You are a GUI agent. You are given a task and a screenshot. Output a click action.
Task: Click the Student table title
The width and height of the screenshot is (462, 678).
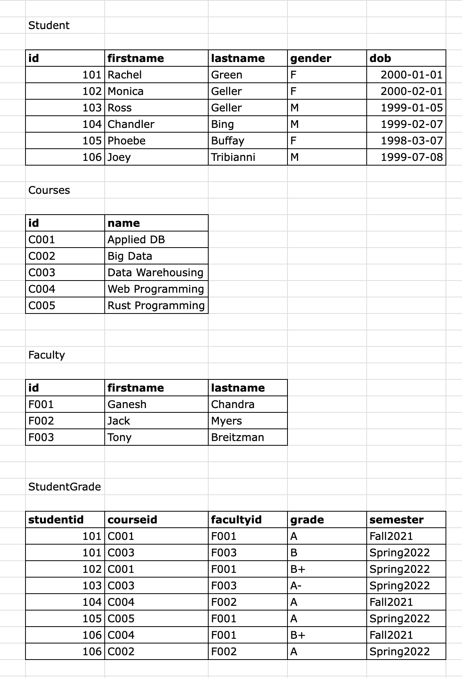click(49, 26)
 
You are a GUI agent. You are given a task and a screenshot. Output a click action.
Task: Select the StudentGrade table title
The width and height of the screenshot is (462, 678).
click(64, 487)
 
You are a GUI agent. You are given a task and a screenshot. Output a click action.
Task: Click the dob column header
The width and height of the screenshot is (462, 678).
click(380, 58)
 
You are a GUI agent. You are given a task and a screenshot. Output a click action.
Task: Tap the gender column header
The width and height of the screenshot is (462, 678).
click(311, 58)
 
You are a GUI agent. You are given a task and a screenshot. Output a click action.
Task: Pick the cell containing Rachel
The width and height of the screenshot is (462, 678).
click(125, 75)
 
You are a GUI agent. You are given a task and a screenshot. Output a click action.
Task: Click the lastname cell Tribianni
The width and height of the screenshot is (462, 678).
click(233, 157)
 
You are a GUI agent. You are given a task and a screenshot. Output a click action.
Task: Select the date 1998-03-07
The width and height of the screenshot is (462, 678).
click(411, 141)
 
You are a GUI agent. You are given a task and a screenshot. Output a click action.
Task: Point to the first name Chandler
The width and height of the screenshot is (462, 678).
click(131, 124)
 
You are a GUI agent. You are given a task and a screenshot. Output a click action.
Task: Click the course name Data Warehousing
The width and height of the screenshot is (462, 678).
click(155, 273)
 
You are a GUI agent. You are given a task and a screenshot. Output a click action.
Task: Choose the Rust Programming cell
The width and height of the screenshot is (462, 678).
click(156, 306)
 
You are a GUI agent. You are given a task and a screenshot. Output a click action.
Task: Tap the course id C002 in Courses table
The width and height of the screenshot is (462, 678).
click(42, 256)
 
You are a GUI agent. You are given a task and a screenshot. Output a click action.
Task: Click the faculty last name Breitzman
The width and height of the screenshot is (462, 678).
click(237, 437)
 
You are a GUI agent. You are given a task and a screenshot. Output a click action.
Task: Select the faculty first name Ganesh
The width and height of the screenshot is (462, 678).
click(127, 405)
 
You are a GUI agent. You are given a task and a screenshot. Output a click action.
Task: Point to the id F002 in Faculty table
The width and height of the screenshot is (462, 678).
click(41, 421)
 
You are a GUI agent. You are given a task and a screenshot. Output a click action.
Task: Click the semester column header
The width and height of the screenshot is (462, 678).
click(397, 520)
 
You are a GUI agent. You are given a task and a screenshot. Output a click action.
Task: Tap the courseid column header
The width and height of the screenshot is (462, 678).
click(132, 520)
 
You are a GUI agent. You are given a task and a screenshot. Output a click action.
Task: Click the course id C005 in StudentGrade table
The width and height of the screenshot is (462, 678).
click(121, 619)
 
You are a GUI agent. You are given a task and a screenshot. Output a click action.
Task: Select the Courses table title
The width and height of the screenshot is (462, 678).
click(49, 190)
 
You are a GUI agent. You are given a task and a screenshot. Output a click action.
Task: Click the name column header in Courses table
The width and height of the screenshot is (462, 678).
click(124, 223)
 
